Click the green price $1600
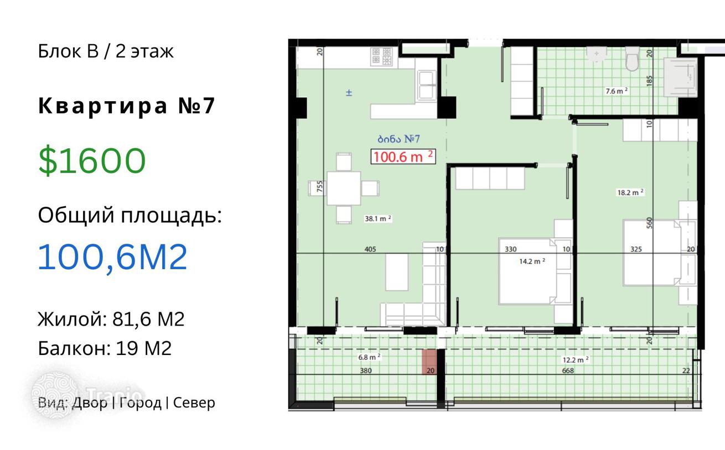(x=92, y=160)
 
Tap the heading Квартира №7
(x=127, y=106)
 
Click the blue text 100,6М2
(x=113, y=257)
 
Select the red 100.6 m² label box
(x=403, y=157)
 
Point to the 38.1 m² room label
(x=378, y=219)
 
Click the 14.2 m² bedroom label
(x=532, y=261)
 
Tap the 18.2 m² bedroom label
(x=630, y=193)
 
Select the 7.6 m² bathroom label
(x=617, y=91)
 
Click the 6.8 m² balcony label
(x=369, y=357)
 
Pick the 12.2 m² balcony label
(x=576, y=360)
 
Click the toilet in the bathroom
(x=632, y=59)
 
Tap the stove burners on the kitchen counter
(x=382, y=56)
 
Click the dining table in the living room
(x=344, y=189)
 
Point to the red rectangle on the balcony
(x=429, y=362)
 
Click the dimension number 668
(x=568, y=370)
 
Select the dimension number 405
(x=370, y=249)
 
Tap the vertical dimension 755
(x=319, y=186)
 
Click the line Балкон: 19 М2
(x=105, y=348)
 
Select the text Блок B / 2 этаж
(x=106, y=51)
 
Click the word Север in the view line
(x=194, y=403)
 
